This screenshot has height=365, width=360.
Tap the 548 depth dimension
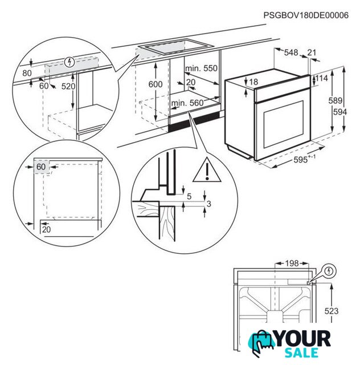(291, 53)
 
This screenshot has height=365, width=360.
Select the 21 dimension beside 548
(312, 53)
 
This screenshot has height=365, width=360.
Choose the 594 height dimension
(340, 112)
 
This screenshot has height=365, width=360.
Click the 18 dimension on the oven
(253, 82)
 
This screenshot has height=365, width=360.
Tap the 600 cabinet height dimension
(156, 84)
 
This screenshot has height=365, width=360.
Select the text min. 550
(202, 68)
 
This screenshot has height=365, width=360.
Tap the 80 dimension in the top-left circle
(27, 74)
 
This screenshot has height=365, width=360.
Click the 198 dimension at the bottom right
(291, 263)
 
